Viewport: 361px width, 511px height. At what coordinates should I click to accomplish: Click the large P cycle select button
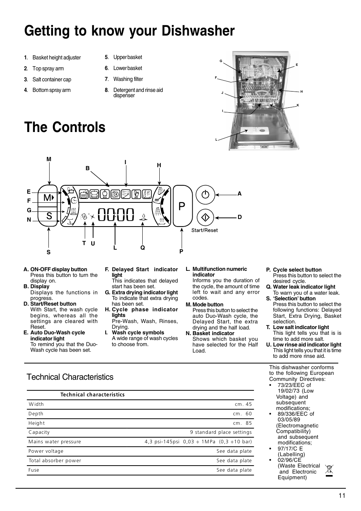182,206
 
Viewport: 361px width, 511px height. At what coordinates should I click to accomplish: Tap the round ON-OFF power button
205,194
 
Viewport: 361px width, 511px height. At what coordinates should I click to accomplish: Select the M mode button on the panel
48,197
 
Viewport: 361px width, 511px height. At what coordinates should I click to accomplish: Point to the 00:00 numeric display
116,215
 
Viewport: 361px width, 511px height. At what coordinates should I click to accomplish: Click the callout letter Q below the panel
143,248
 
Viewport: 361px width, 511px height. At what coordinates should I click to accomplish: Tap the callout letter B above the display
87,168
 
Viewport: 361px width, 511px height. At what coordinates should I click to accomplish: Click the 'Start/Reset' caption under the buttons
204,230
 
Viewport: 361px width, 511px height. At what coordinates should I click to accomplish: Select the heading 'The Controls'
65,127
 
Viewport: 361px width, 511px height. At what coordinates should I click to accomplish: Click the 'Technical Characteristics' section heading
70,377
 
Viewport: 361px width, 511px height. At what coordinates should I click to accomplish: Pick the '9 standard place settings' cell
221,432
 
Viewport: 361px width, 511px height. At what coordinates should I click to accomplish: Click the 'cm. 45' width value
243,404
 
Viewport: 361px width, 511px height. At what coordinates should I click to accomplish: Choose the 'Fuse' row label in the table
34,470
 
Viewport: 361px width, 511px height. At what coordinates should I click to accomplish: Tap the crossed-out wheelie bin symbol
329,470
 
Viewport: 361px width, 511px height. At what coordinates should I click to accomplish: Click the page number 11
342,496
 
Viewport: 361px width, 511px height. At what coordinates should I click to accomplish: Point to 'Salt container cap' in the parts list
51,79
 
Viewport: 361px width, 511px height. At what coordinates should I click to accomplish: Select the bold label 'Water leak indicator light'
304,287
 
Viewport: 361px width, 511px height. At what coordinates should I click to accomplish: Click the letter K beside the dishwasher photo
298,105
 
